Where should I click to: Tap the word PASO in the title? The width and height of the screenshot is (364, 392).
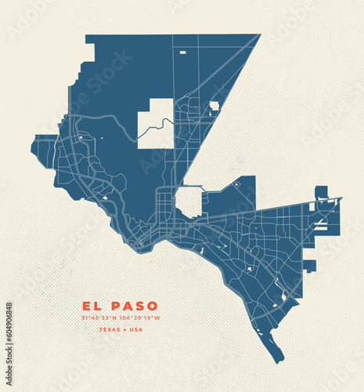[x=133, y=306]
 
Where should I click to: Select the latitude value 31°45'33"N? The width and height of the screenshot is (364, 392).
[x=99, y=318]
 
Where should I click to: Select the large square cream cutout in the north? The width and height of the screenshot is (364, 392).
[x=156, y=123]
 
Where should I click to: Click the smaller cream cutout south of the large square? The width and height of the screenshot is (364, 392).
[x=189, y=201]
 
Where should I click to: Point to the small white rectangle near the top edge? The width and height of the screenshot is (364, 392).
[x=182, y=52]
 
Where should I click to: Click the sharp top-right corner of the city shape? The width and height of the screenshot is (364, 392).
[x=259, y=34]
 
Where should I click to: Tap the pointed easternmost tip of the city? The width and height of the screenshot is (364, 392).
[x=341, y=199]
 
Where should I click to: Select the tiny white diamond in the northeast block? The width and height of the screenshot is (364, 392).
[x=236, y=183]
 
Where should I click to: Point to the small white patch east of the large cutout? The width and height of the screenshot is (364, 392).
[x=214, y=105]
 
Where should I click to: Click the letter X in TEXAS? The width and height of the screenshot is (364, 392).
[x=110, y=328]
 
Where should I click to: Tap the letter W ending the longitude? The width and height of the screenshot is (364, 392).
[x=157, y=318]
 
